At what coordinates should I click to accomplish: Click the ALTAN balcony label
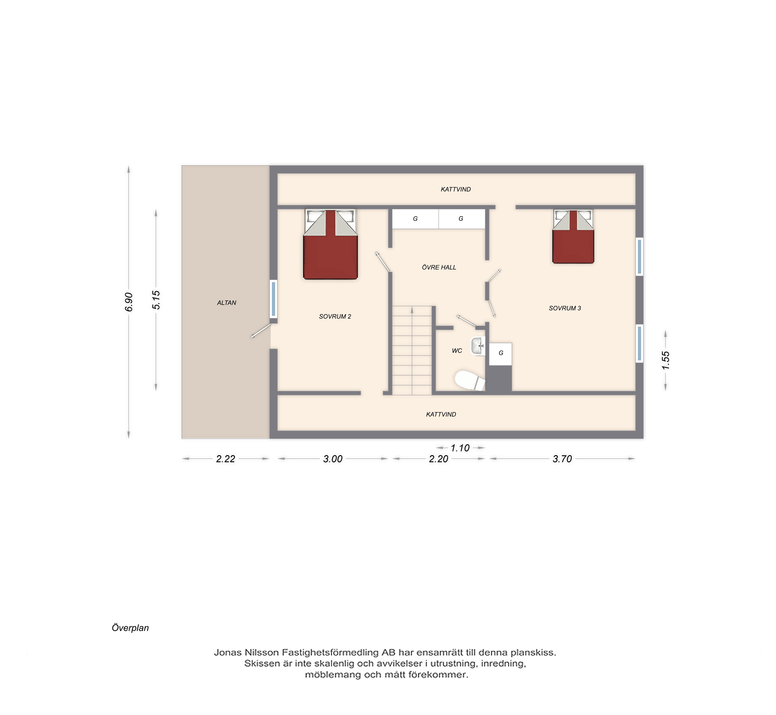tap(227, 303)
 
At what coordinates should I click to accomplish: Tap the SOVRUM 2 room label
tap(335, 316)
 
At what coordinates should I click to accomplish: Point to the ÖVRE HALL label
tap(439, 267)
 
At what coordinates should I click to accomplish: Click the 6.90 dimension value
tap(129, 302)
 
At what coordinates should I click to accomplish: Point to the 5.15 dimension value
tap(156, 300)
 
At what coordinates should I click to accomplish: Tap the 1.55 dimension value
tap(665, 360)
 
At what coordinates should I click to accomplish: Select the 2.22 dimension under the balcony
tap(226, 459)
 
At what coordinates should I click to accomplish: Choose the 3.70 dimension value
tap(562, 459)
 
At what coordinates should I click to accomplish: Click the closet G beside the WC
tap(501, 354)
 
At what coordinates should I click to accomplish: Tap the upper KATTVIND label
tap(456, 189)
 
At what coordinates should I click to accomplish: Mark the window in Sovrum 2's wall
tap(274, 299)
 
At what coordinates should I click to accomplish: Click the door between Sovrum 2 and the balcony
tap(261, 331)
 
